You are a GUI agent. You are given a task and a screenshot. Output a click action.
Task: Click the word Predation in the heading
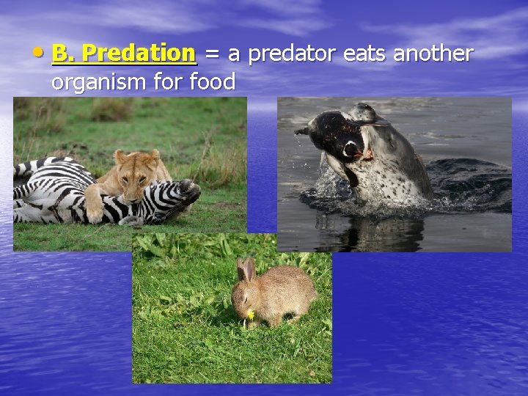tap(139, 54)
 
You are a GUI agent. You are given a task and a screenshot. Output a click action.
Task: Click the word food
tap(212, 83)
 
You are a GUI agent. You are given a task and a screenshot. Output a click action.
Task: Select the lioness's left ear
tap(121, 155)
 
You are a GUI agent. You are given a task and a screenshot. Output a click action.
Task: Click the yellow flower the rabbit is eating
tap(251, 315)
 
